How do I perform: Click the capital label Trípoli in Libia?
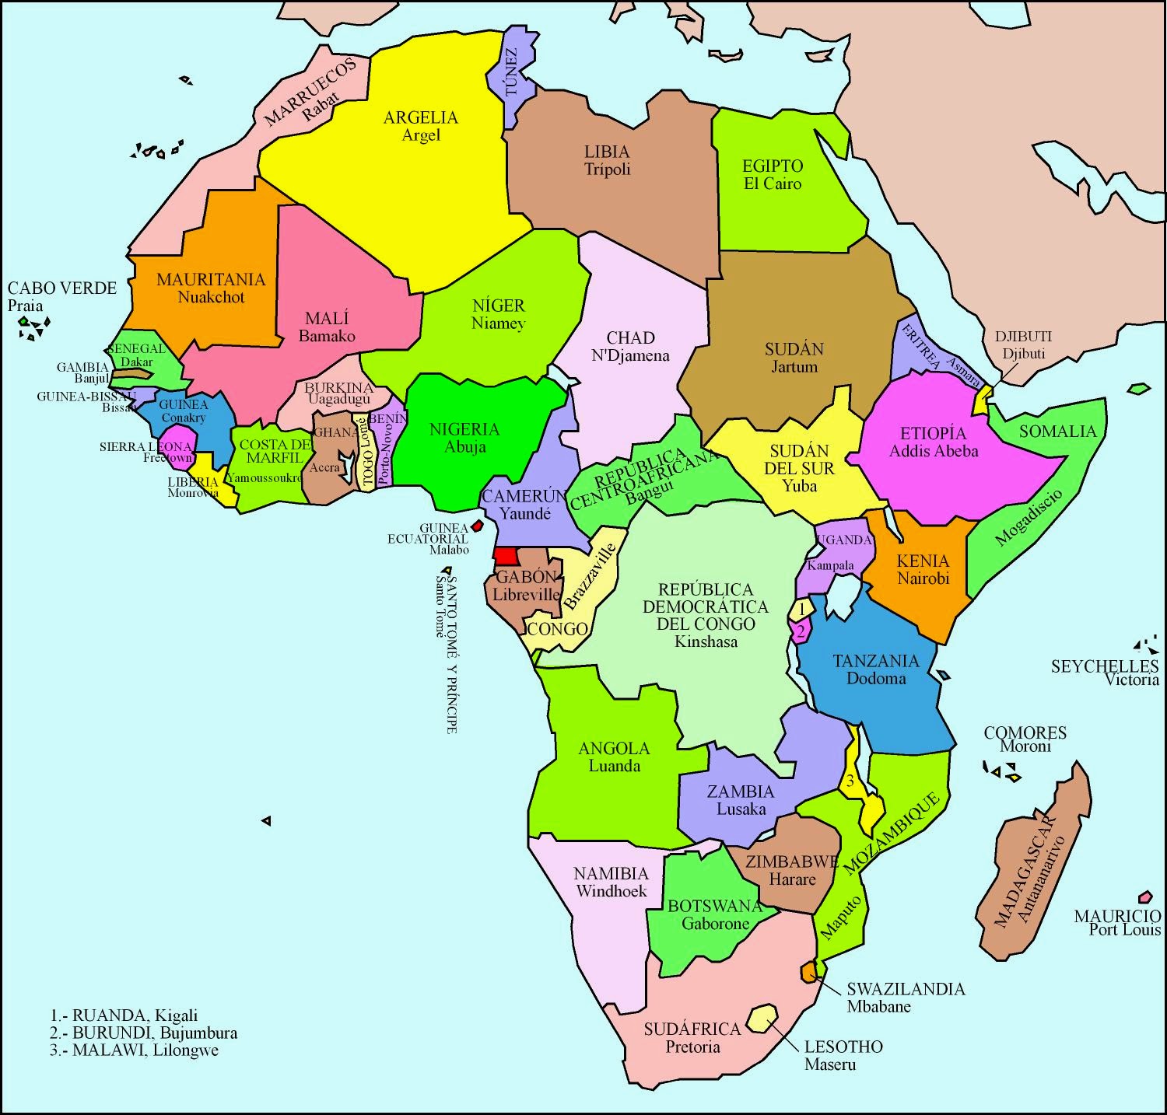click(x=607, y=170)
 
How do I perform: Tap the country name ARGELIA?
click(x=421, y=117)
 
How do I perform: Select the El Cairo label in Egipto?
click(x=772, y=184)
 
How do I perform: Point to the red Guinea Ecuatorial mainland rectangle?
click(x=506, y=556)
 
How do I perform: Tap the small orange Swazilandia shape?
click(x=810, y=970)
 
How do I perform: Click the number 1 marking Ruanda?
click(x=801, y=608)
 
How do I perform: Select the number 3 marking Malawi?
click(x=851, y=781)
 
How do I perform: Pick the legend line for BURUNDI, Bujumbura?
click(x=144, y=1033)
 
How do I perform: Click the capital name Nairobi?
click(x=923, y=578)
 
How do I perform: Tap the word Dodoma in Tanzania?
click(x=876, y=678)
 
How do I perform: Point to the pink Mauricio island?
click(x=1144, y=897)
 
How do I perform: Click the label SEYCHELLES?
click(x=1104, y=666)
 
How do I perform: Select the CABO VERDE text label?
click(x=62, y=288)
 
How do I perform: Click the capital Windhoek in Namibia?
click(x=611, y=891)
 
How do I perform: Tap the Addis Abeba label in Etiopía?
click(x=934, y=450)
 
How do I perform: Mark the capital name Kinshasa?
click(x=706, y=641)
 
